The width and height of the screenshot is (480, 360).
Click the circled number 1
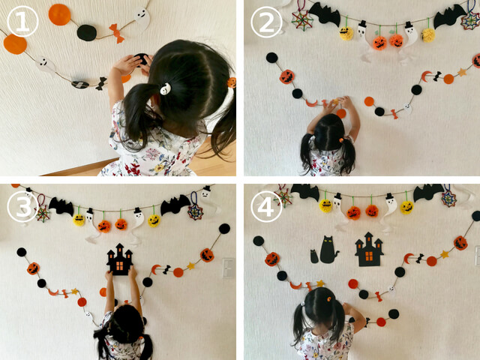click(22, 22)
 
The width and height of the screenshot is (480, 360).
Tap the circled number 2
click(266, 22)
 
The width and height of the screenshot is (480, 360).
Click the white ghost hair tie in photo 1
click(165, 88)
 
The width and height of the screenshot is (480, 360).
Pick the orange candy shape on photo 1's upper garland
click(117, 33)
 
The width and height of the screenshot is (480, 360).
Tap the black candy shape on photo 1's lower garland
click(100, 83)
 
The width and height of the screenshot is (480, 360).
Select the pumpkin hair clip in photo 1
click(232, 82)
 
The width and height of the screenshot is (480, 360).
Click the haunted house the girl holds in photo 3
click(120, 259)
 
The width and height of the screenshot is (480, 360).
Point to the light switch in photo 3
click(228, 268)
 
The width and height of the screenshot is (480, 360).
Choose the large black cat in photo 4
click(328, 250)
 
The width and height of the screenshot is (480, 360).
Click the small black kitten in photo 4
click(314, 256)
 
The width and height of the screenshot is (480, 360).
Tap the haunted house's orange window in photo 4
click(369, 256)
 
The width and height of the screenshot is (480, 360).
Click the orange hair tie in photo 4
click(328, 298)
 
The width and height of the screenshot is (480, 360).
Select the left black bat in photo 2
click(325, 13)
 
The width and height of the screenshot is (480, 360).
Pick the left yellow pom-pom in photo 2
click(346, 33)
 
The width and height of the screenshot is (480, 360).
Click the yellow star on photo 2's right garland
click(462, 72)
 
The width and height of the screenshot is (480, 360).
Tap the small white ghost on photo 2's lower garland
click(406, 108)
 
